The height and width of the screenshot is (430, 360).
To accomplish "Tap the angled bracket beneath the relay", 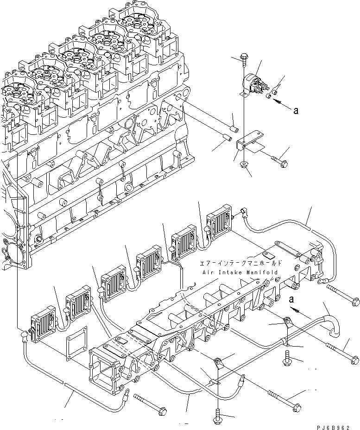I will pyautogui.click(x=248, y=141).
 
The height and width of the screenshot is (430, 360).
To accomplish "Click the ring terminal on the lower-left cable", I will pyautogui.click(x=125, y=396).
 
